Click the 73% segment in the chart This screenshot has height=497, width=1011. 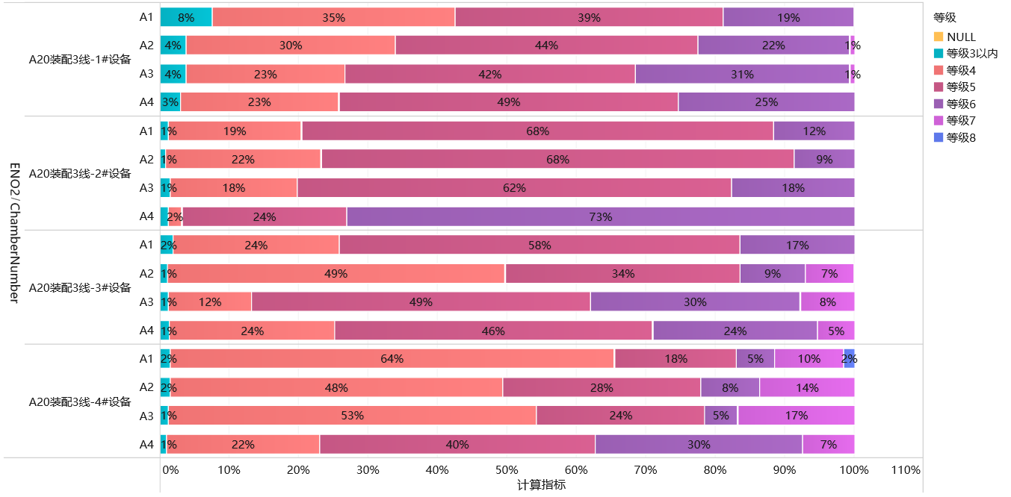(600, 216)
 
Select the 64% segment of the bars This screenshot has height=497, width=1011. (392, 359)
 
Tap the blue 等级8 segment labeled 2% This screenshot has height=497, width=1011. (849, 359)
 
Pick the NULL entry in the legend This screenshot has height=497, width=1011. (961, 37)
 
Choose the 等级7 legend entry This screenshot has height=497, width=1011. (961, 121)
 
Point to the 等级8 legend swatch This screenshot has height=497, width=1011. (939, 138)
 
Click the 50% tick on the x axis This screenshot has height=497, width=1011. (507, 471)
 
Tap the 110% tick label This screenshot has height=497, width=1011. (906, 471)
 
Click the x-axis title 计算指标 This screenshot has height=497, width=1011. (541, 485)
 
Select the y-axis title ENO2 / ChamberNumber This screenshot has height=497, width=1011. (14, 233)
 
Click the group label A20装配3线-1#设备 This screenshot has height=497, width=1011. (80, 60)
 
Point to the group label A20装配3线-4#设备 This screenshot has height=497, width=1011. (80, 401)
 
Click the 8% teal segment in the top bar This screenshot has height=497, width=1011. (186, 17)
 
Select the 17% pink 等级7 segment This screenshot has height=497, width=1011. (796, 416)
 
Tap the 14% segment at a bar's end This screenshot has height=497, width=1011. (807, 387)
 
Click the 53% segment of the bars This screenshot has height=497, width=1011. (352, 416)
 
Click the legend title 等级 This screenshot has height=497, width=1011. (944, 18)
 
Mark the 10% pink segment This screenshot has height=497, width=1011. (809, 359)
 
